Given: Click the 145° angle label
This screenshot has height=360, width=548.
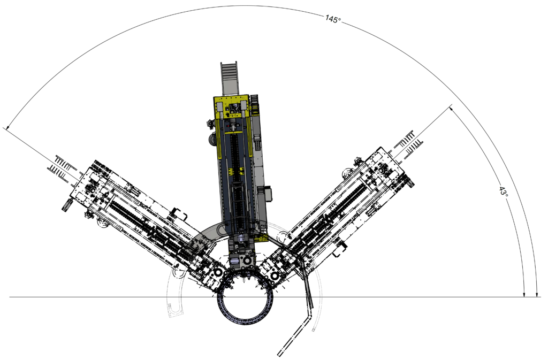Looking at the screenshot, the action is [x=333, y=19].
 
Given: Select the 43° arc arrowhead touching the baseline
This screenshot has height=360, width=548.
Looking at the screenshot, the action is [x=524, y=294].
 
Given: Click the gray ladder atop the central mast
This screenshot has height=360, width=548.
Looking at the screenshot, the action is [x=229, y=78].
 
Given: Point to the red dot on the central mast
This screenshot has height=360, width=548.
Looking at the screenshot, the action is [x=228, y=125].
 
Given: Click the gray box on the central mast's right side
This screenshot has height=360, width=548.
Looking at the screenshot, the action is [x=269, y=194].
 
